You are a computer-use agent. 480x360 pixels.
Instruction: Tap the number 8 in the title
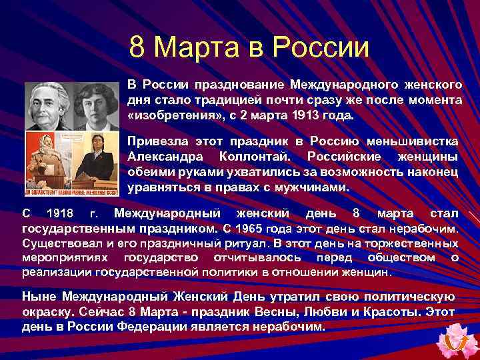click(137, 47)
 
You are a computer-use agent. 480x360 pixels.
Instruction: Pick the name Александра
click(162, 156)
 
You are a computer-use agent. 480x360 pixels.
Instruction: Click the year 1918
click(63, 214)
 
